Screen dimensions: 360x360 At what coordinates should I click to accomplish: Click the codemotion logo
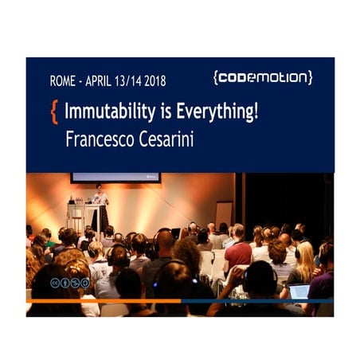coord(262,77)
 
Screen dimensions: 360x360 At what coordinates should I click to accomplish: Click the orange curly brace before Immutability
coord(54,112)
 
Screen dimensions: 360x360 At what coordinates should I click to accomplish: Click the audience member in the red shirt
coord(238,253)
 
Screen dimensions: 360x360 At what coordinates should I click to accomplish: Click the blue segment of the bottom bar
coord(263,301)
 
